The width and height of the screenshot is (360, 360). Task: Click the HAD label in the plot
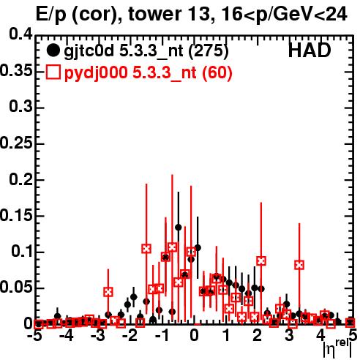tap(310, 50)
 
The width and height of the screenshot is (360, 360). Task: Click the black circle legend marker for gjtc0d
tap(53, 50)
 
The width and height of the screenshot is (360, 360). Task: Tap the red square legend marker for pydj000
tap(53, 72)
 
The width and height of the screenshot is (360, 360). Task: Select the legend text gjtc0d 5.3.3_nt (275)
tap(146, 51)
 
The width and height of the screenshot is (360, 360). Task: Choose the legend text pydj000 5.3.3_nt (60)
tap(148, 72)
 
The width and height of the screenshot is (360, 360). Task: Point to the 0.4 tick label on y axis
tap(20, 34)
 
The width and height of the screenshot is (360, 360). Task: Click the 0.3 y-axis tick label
tap(20, 106)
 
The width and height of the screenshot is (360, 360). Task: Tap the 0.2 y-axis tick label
tap(20, 179)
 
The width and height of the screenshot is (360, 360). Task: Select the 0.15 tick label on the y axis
tap(16, 216)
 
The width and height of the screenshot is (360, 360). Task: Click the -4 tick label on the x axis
tap(67, 336)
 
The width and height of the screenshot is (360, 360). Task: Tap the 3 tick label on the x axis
tap(289, 336)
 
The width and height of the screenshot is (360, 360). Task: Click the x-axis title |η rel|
tap(337, 348)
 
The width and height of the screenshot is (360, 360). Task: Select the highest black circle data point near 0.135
tap(179, 228)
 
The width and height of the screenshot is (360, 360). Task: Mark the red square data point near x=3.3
tap(299, 265)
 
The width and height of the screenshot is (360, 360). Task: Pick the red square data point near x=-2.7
tap(108, 292)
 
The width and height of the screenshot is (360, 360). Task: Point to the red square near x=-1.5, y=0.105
tap(146, 249)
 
